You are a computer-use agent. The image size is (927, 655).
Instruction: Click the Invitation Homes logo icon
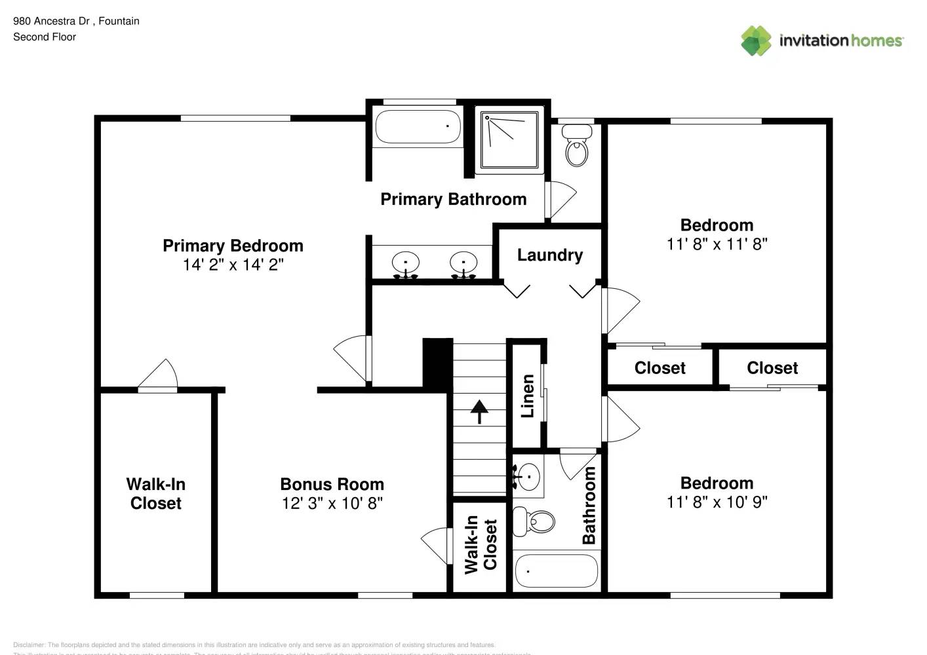click(x=756, y=41)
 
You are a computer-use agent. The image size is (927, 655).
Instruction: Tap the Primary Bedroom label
click(x=233, y=246)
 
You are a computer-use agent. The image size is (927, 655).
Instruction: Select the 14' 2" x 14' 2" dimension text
click(x=233, y=265)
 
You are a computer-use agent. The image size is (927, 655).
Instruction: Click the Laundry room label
click(x=549, y=255)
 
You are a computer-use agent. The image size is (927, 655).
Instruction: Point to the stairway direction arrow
click(x=479, y=411)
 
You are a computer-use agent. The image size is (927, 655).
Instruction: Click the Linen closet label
click(x=528, y=396)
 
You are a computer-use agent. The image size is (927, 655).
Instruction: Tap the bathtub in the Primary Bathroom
click(x=417, y=126)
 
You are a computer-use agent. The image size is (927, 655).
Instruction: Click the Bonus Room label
click(x=332, y=484)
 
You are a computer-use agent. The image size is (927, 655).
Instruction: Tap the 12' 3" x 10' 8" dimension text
click(x=332, y=503)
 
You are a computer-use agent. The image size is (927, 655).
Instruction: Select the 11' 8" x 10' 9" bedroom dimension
click(x=717, y=502)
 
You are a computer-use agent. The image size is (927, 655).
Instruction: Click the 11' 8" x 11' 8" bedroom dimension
click(x=717, y=244)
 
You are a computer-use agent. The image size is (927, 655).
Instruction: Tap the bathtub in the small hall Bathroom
click(x=556, y=571)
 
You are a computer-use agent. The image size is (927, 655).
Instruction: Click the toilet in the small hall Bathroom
click(x=534, y=521)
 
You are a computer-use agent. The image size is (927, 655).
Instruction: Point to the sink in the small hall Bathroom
click(x=528, y=476)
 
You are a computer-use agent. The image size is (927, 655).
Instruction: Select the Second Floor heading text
click(x=45, y=37)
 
